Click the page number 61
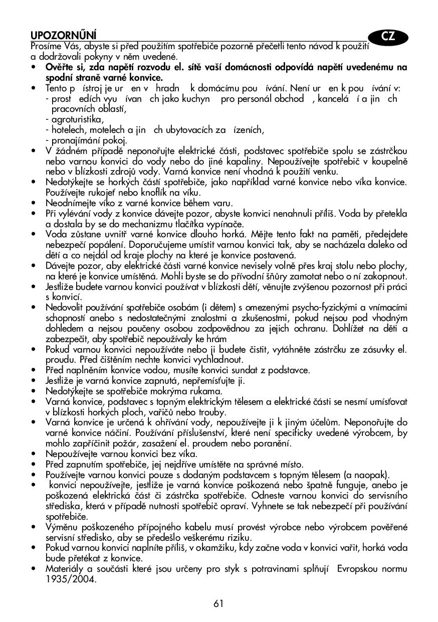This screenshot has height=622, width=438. pyautogui.click(x=218, y=603)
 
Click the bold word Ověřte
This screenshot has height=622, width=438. pyautogui.click(x=59, y=67)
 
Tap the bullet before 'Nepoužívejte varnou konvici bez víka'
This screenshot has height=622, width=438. pyautogui.click(x=33, y=453)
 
